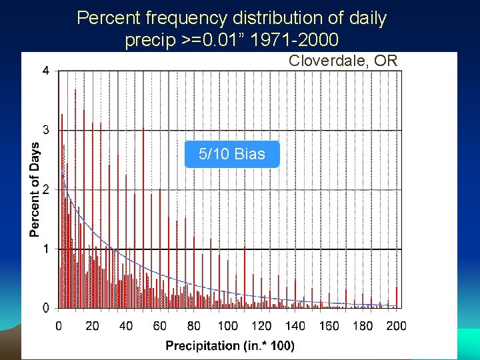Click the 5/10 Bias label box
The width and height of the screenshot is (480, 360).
(x=231, y=154)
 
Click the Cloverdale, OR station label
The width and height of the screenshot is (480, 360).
(x=343, y=61)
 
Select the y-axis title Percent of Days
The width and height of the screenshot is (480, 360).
(x=34, y=189)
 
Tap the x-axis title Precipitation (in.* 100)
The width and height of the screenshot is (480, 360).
(x=230, y=345)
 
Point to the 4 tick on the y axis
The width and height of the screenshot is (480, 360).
(x=45, y=71)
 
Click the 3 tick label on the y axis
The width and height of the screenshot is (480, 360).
(x=45, y=129)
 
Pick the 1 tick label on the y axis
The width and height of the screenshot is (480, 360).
(x=45, y=249)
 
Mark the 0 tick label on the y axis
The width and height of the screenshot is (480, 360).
(x=45, y=308)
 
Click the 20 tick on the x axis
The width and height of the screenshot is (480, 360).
(x=92, y=326)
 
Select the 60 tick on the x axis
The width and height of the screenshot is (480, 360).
(x=160, y=326)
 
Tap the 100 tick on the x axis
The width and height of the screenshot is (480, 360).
(x=227, y=326)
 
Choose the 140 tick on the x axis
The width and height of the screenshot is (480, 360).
(x=295, y=326)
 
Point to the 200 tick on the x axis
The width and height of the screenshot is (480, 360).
(x=396, y=326)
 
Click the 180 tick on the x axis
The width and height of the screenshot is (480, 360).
(x=363, y=326)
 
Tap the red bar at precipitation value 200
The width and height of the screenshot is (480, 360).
(x=397, y=297)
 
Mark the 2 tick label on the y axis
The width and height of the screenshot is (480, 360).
(x=45, y=189)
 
